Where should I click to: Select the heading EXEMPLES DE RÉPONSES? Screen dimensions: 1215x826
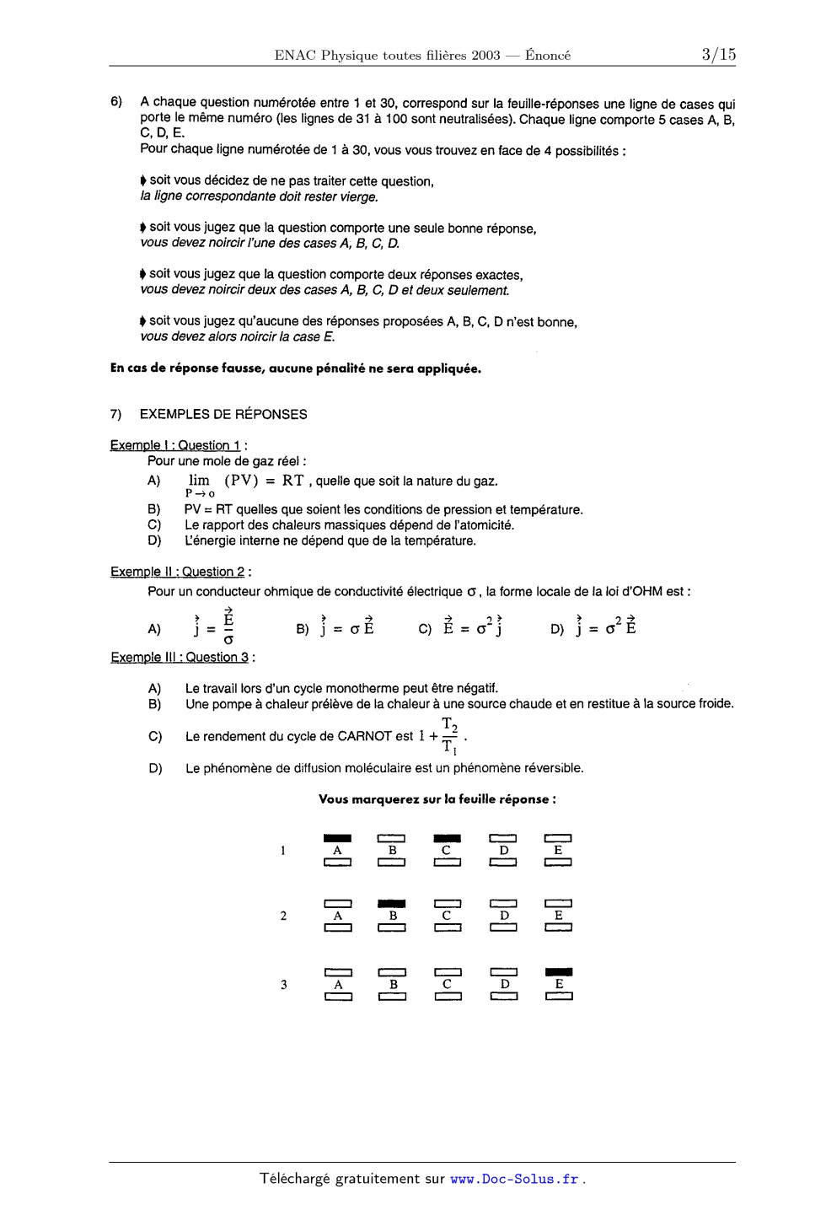pos(223,414)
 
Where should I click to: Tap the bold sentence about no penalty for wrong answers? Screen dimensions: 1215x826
pos(296,368)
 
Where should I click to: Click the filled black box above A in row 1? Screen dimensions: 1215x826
pos(337,838)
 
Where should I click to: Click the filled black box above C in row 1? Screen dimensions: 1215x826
pos(447,838)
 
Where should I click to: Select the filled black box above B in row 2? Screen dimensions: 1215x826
pos(392,903)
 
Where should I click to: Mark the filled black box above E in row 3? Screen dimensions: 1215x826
pos(559,971)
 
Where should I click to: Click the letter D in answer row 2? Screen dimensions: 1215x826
pos(504,916)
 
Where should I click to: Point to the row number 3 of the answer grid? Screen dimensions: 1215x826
pos(284,984)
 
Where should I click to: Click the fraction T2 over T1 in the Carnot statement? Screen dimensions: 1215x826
pos(450,736)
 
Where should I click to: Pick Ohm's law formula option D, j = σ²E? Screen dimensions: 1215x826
pos(605,627)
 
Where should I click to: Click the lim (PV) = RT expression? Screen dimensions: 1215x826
pos(246,481)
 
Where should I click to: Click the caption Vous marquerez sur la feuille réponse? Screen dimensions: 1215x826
pos(437,799)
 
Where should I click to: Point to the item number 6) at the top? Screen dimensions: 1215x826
pos(116,102)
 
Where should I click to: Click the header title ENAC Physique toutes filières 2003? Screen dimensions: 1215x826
pos(387,56)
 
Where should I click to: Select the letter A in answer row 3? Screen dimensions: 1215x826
pos(338,984)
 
